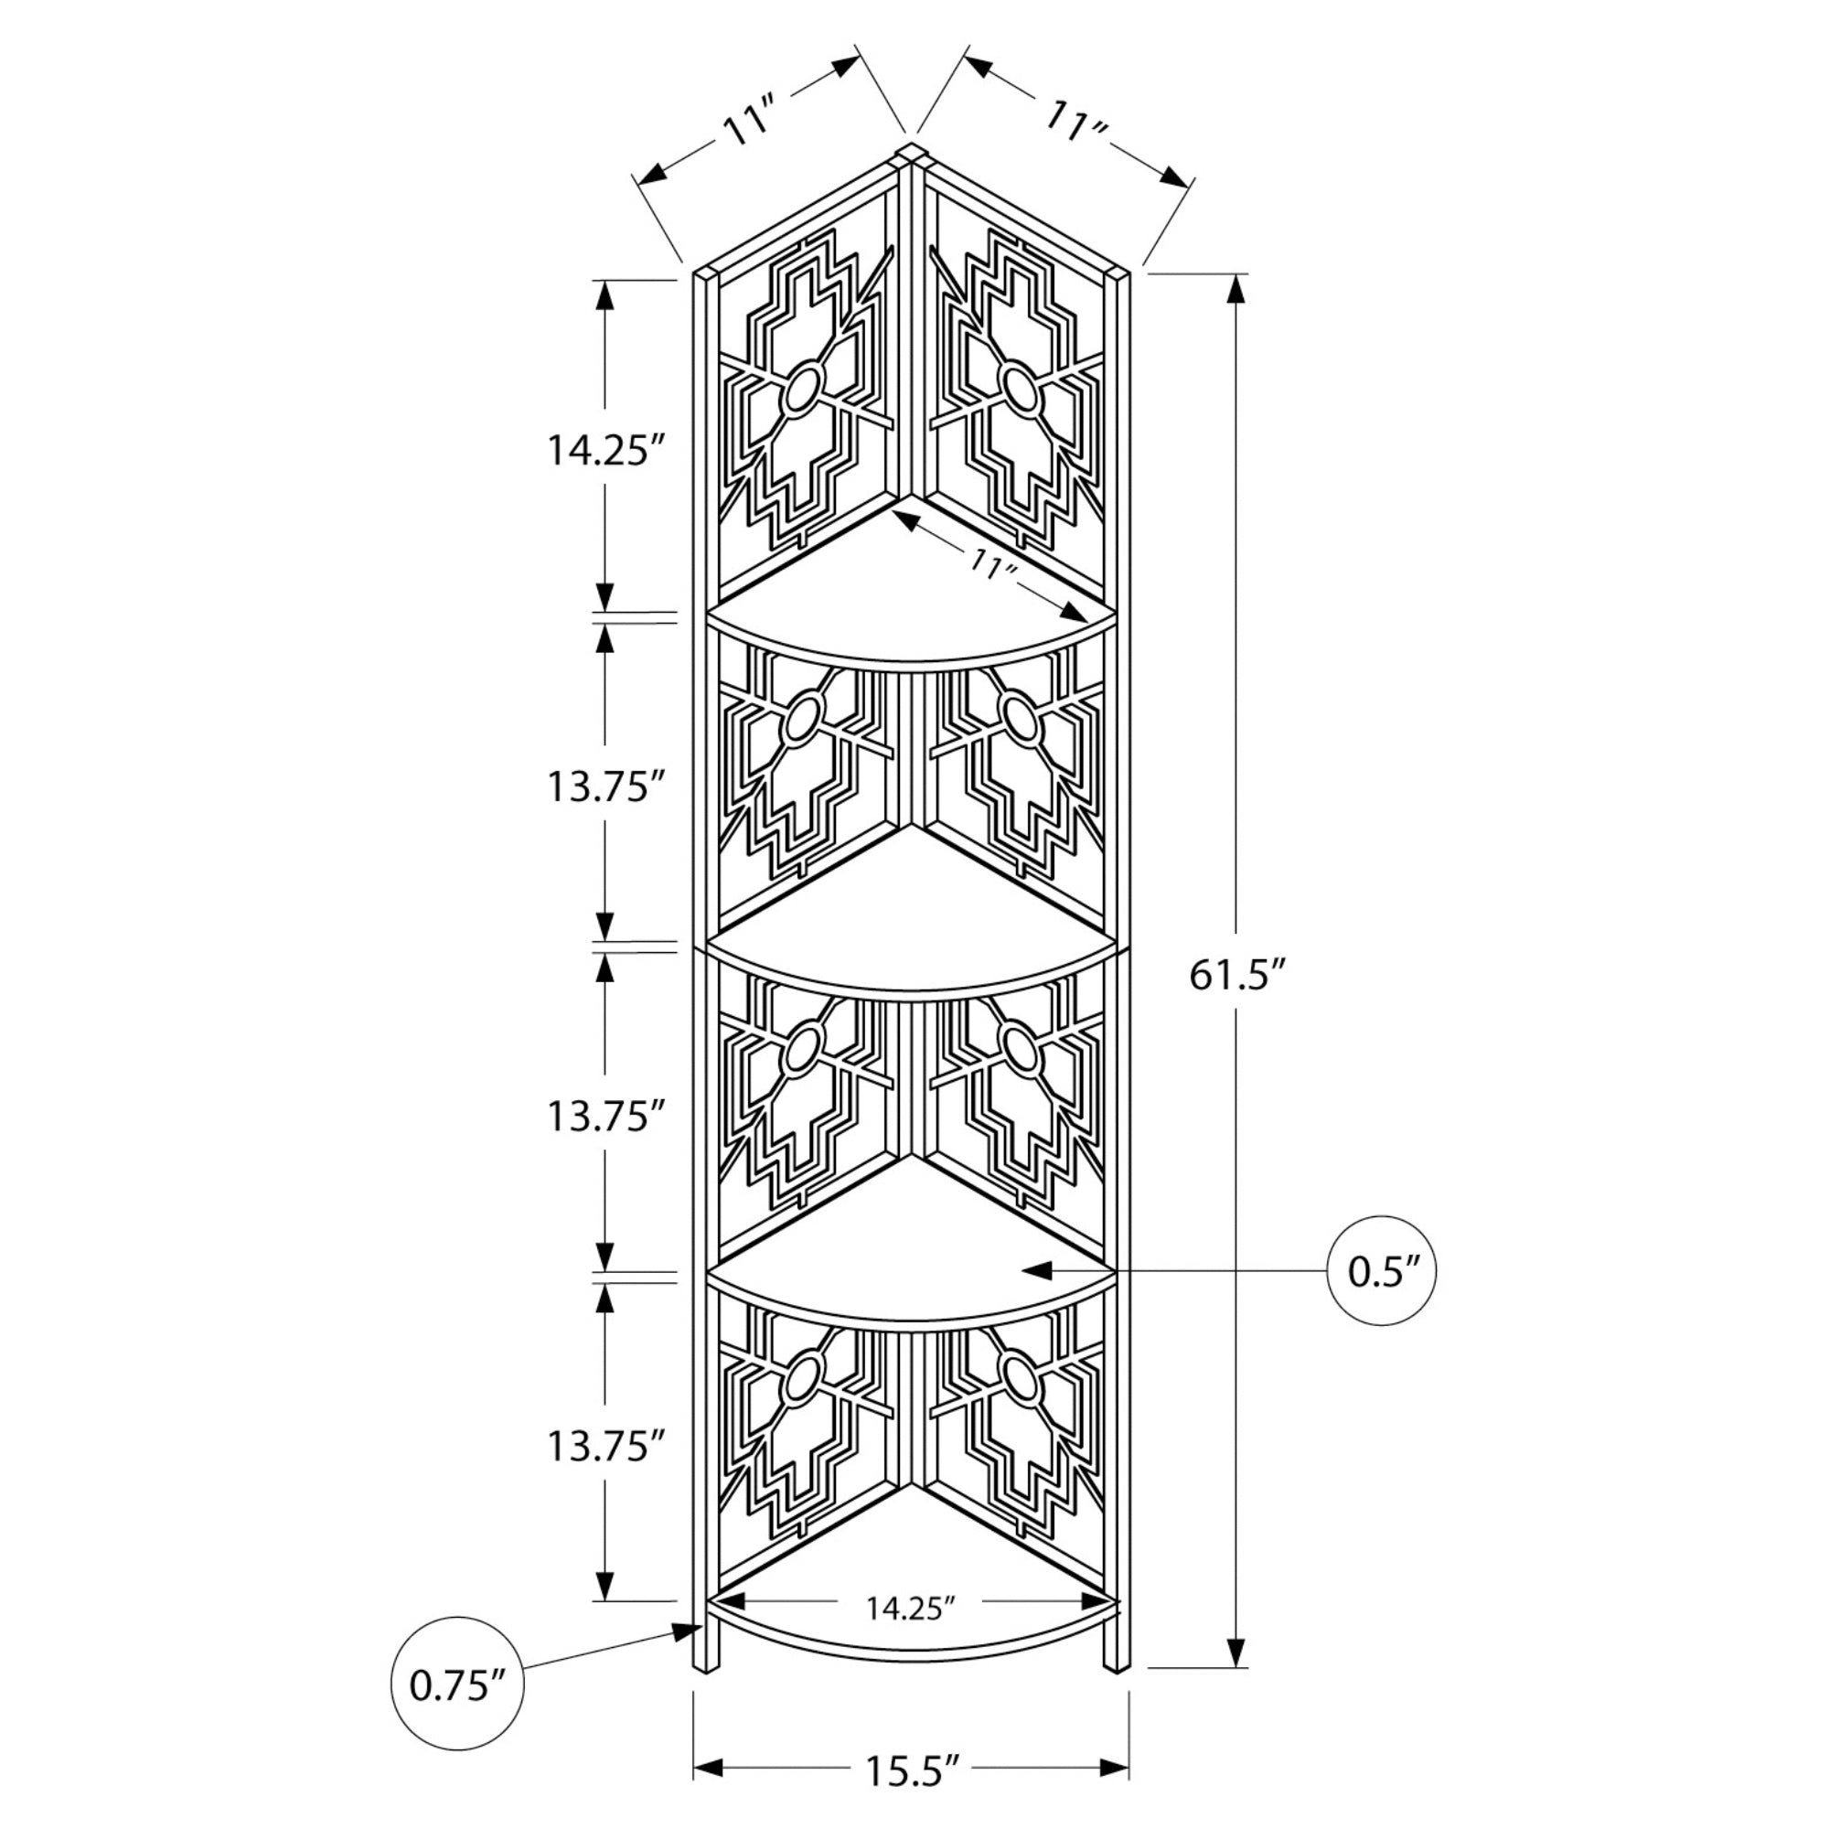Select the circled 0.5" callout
(1382, 1270)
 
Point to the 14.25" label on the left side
(602, 450)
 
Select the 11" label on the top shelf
(993, 567)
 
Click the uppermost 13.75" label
(602, 786)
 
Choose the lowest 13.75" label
(602, 1446)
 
